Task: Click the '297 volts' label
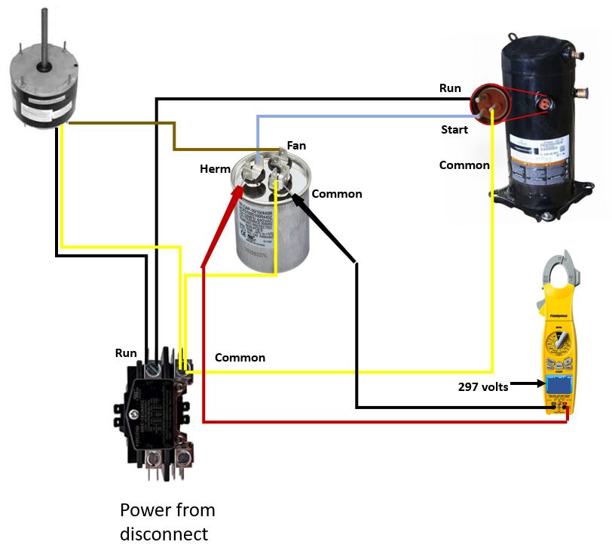coord(483,387)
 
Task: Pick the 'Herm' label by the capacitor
coord(215,169)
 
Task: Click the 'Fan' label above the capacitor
coord(296,146)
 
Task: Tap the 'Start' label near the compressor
coord(454,130)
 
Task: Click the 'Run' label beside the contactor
coord(126,352)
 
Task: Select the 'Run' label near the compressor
coord(450,88)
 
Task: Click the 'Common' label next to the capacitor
coord(337,194)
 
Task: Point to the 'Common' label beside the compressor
coord(464,165)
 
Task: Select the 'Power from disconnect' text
coord(167,522)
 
